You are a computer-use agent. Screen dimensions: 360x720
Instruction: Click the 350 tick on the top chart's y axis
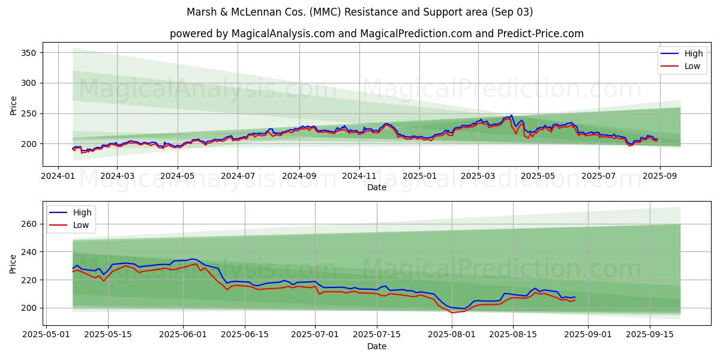coord(29,53)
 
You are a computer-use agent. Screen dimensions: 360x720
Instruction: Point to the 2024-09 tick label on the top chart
coord(299,177)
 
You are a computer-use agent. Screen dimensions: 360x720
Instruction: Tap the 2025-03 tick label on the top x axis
coord(478,177)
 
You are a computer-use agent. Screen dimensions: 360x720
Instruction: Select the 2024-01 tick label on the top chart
coord(58,177)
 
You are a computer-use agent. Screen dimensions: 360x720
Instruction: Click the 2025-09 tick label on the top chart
coord(659,177)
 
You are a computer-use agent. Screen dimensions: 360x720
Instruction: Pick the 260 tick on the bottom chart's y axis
coord(29,224)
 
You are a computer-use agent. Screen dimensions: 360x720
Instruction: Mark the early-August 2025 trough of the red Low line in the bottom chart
coord(452,313)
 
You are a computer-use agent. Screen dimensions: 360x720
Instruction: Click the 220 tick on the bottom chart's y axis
coord(29,280)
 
